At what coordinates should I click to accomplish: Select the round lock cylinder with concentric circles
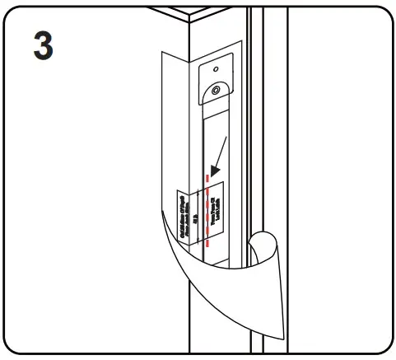[215, 91]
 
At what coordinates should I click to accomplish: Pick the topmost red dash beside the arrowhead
[207, 175]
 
